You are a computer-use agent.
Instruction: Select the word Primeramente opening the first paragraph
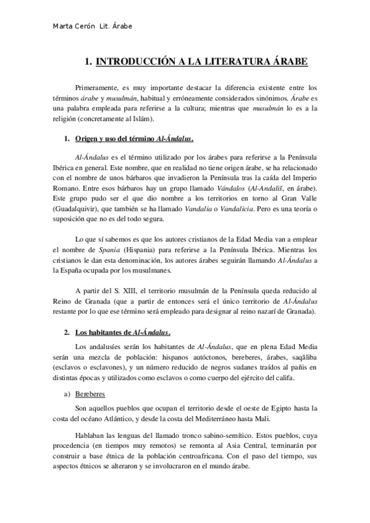tap(101, 88)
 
